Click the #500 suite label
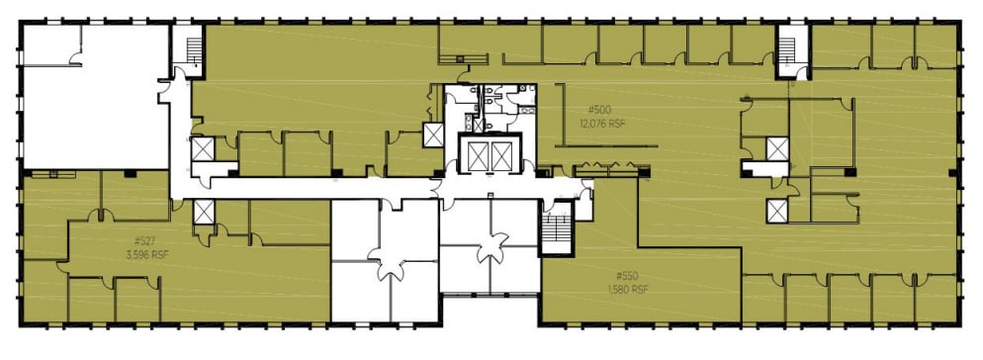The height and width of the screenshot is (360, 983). pyautogui.click(x=599, y=110)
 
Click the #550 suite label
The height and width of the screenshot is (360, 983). pyautogui.click(x=627, y=275)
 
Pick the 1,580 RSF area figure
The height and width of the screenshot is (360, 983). pyautogui.click(x=628, y=289)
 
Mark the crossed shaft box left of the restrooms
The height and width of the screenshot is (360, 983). pyautogui.click(x=433, y=135)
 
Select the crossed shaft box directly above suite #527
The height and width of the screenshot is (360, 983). pyautogui.click(x=204, y=212)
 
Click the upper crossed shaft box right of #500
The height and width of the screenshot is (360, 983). pyautogui.click(x=777, y=149)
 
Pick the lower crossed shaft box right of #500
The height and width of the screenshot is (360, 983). pyautogui.click(x=777, y=211)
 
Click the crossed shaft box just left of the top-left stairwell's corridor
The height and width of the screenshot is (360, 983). pyautogui.click(x=202, y=150)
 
